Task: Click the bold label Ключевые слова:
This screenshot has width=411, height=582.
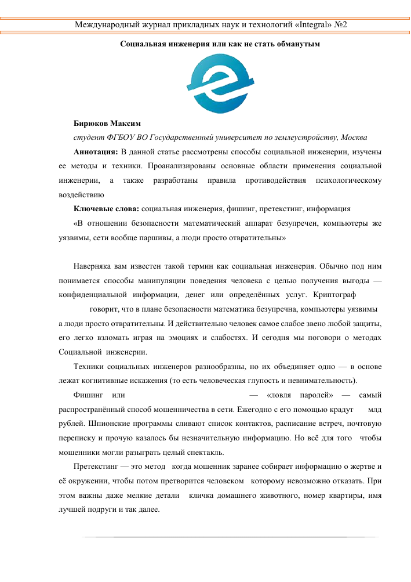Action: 106,208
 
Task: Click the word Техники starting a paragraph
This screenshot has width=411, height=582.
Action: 90,367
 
